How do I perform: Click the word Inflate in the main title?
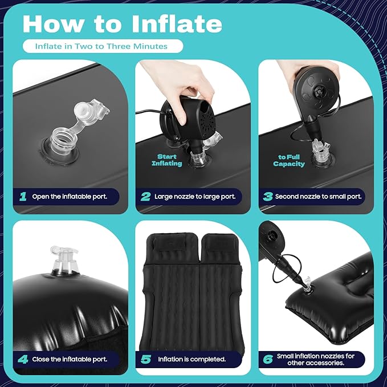tap(177, 24)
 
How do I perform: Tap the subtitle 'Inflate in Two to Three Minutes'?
tap(101, 46)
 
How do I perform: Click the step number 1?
tap(23, 197)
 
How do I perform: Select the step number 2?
tap(145, 197)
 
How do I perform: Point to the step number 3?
tap(268, 197)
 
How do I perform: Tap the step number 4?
tap(23, 359)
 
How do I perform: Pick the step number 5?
tap(145, 359)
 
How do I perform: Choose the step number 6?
tap(268, 359)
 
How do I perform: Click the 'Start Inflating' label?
tap(167, 160)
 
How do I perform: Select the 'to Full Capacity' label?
tap(289, 161)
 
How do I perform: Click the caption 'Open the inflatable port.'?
tap(70, 197)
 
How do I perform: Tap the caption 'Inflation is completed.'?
tap(192, 359)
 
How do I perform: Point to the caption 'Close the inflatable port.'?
tap(70, 359)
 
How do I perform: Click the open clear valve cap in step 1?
tap(91, 110)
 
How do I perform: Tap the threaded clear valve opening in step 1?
tap(62, 142)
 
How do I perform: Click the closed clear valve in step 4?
tap(64, 260)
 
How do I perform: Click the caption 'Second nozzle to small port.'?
tap(319, 197)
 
